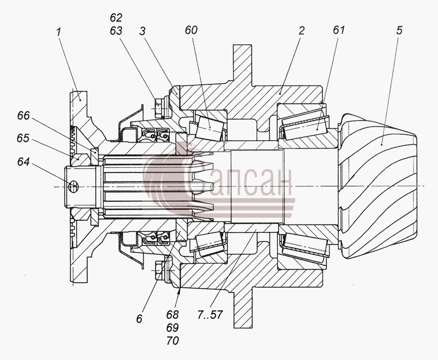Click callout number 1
point(58,32)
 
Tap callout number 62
point(116,18)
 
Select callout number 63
point(116,31)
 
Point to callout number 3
point(142,31)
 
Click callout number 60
point(191,30)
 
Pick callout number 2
point(301,31)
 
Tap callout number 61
point(339,30)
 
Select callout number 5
point(400,30)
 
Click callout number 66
point(23,116)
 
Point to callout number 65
point(23,138)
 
